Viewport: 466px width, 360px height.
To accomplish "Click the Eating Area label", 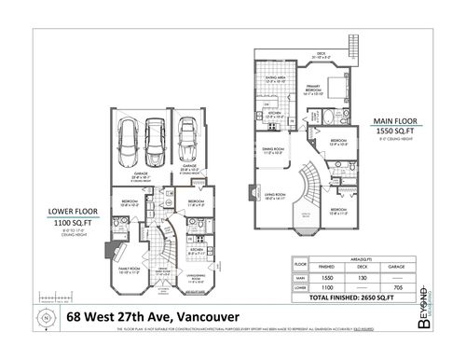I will (x=277, y=79).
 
